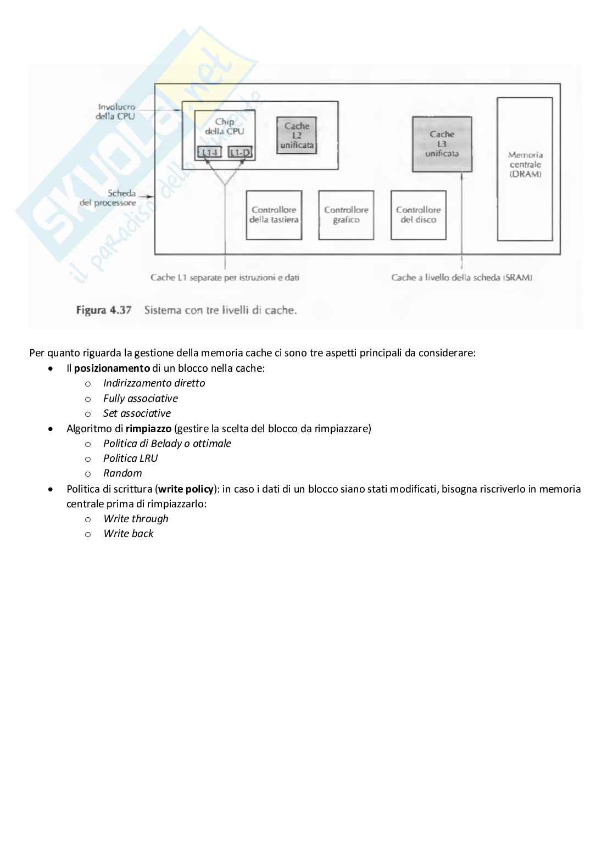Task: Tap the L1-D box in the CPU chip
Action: [239, 152]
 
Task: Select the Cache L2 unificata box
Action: [297, 136]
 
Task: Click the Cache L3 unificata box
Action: [442, 144]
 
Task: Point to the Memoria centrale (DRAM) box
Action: [525, 165]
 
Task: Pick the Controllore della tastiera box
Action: [274, 215]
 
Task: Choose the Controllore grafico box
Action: [346, 215]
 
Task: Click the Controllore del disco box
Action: [418, 215]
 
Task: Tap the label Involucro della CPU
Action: [116, 111]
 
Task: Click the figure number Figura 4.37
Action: [104, 310]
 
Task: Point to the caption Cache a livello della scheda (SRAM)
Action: [461, 278]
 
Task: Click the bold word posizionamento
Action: [112, 368]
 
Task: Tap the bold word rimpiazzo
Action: [148, 428]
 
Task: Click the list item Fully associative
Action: [140, 398]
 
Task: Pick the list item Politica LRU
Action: [130, 458]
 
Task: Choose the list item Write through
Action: [136, 519]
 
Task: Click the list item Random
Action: [122, 473]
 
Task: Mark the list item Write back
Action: [128, 534]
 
